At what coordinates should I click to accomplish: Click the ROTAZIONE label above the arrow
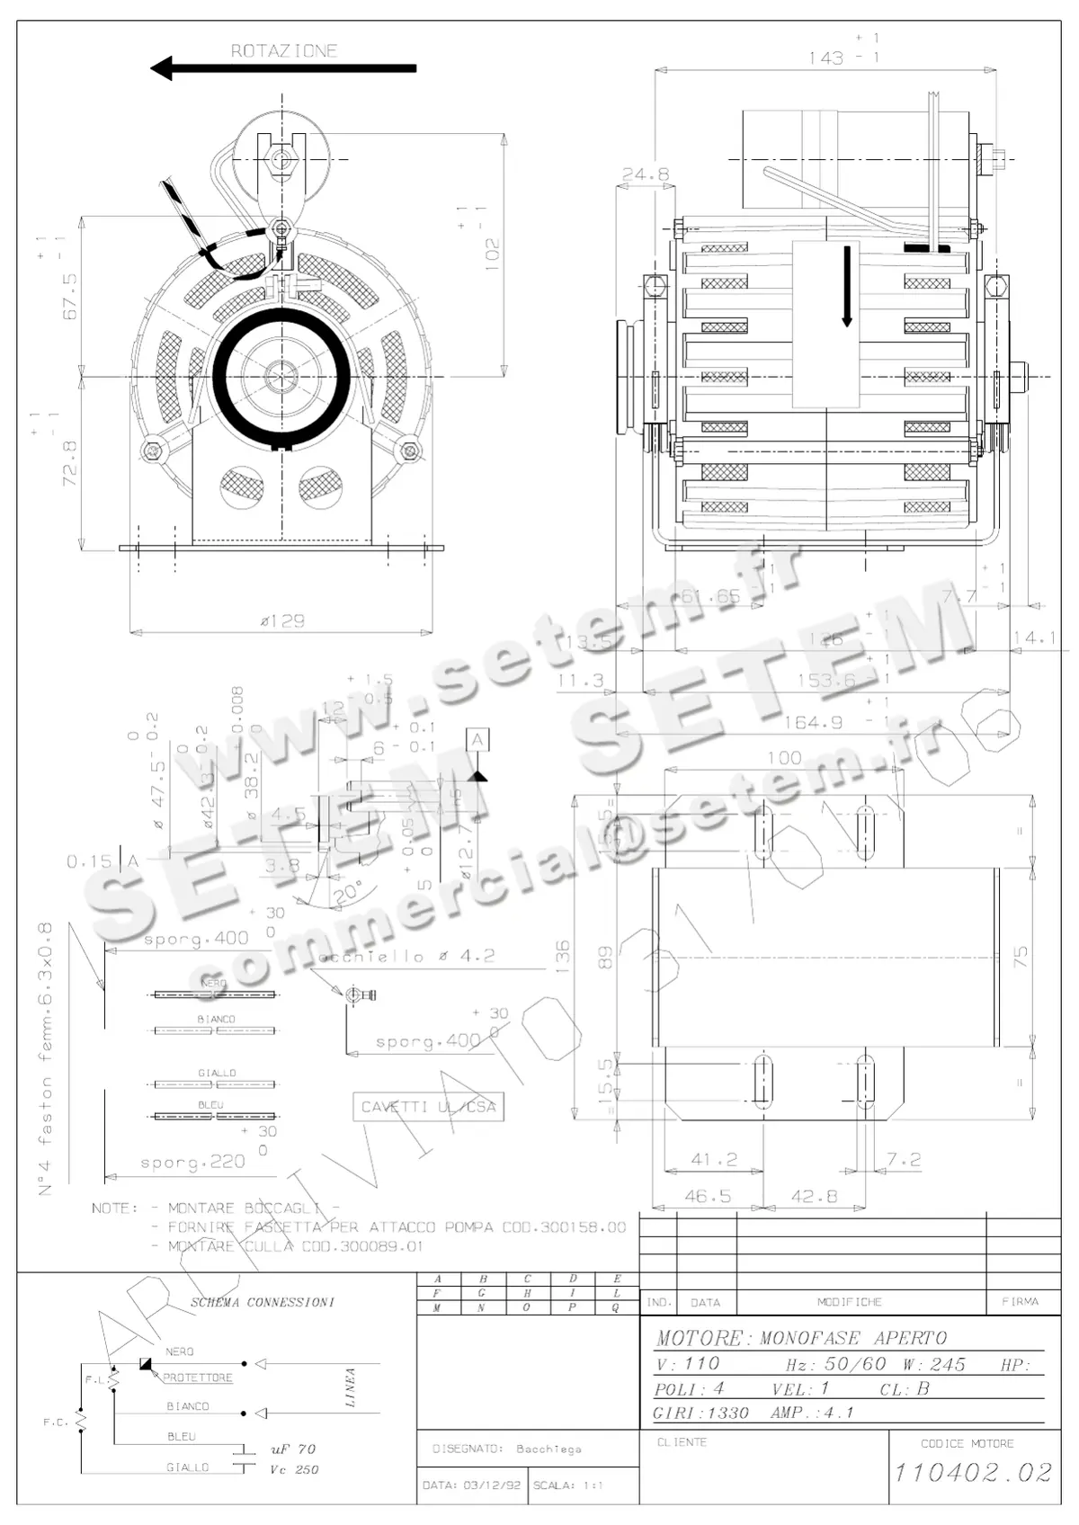coord(284,50)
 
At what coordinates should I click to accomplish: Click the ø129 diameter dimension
coord(281,620)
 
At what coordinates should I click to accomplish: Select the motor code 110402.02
coord(972,1472)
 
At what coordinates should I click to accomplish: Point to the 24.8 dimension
coord(646,174)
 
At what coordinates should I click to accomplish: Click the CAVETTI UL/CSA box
coord(428,1107)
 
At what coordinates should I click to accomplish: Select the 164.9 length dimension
coord(813,722)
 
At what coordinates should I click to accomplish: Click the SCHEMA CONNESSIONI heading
coord(262,1302)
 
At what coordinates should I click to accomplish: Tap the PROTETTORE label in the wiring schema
coord(198,1378)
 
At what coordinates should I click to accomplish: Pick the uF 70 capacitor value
coord(293,1449)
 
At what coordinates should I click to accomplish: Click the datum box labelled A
coord(477,740)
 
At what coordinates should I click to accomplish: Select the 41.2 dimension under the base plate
coord(713,1160)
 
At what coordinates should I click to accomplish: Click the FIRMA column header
coord(1020,1301)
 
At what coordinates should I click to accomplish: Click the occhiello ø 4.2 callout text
coord(406,957)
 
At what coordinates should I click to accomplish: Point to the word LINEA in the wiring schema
coord(350,1387)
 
